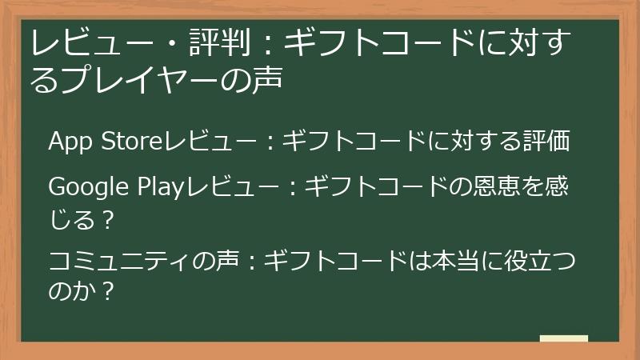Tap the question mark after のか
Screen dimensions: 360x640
click(x=109, y=290)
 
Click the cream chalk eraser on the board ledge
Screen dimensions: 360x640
click(x=563, y=338)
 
